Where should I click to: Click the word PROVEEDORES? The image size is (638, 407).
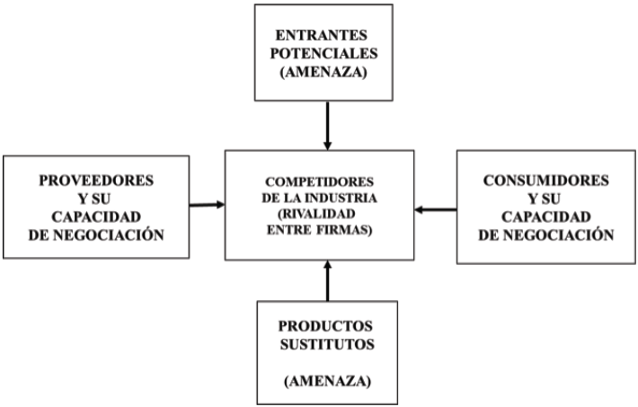(x=96, y=180)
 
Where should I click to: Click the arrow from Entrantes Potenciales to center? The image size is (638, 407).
(x=327, y=124)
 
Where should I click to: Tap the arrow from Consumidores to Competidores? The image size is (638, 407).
(x=436, y=210)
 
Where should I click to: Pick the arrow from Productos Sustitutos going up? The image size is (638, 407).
(x=327, y=280)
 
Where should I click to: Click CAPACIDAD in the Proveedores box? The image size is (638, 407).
(x=96, y=217)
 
